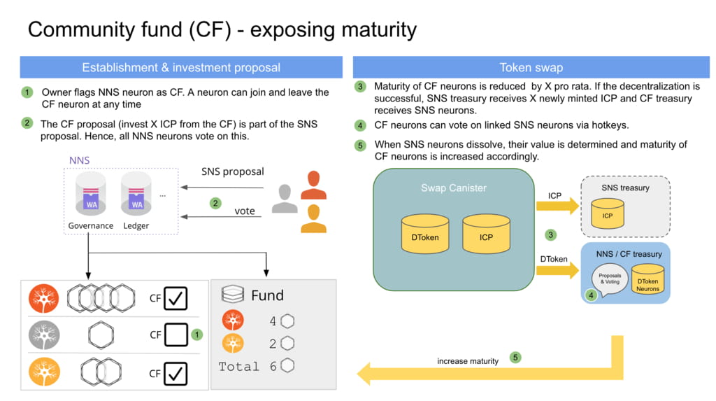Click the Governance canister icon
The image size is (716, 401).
tap(91, 194)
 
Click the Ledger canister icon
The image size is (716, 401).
tap(136, 194)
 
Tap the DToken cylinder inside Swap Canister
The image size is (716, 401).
tap(425, 234)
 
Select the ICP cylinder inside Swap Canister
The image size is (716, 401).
tap(486, 234)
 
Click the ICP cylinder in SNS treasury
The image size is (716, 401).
tap(608, 213)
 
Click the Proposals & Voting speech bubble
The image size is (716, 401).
tap(610, 280)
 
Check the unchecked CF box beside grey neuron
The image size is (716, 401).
tap(176, 335)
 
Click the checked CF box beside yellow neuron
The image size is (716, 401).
tap(176, 373)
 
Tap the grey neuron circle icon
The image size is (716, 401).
tap(44, 335)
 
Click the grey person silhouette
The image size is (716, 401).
tap(285, 199)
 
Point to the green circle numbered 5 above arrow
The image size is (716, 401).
tap(515, 358)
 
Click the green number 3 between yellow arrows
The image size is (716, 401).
tap(551, 235)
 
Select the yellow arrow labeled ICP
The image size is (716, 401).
tap(557, 206)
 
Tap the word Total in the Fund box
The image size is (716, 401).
tap(238, 367)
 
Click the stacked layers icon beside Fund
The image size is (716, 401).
tap(232, 294)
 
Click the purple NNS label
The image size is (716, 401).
tap(80, 160)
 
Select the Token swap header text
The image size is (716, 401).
tap(531, 68)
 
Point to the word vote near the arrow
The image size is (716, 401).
tap(245, 211)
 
